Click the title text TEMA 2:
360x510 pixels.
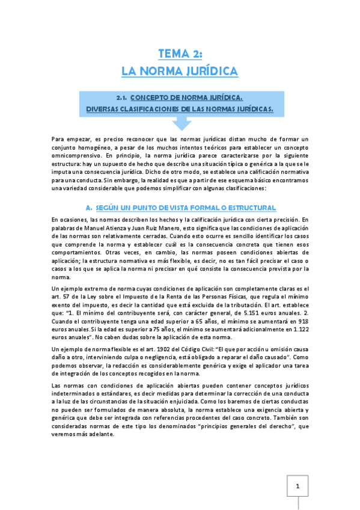(x=180, y=54)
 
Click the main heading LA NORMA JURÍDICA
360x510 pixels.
(x=180, y=72)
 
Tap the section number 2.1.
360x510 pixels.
(x=122, y=97)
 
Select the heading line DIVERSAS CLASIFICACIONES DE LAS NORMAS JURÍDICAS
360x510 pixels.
(x=180, y=109)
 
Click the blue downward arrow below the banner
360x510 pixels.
(x=180, y=123)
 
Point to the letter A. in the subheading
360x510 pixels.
(x=89, y=207)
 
